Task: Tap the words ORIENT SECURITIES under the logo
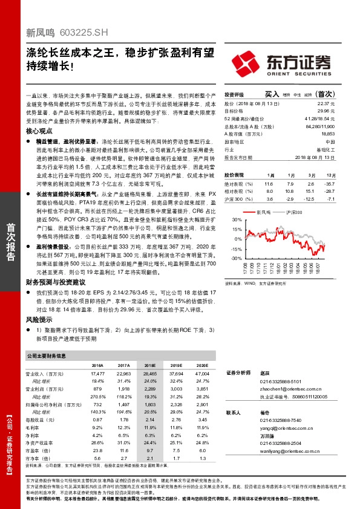coord(299,74)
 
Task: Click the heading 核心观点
coord(40,131)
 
